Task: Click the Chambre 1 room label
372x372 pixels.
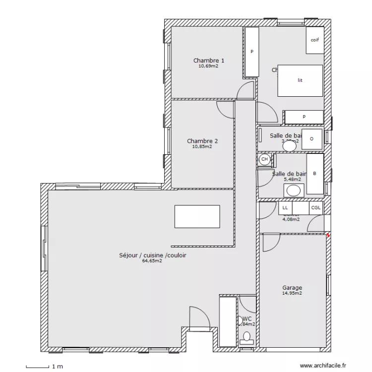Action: [208, 61]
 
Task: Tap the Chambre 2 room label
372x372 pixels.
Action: [202, 141]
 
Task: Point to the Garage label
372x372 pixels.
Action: [292, 288]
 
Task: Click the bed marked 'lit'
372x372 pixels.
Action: [300, 80]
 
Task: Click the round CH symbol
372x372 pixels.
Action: [264, 159]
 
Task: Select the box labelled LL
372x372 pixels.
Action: [285, 208]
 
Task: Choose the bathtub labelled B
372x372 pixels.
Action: [314, 174]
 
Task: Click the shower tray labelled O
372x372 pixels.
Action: [311, 139]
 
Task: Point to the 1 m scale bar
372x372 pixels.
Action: [37, 367]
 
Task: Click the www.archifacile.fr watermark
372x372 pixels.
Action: [324, 366]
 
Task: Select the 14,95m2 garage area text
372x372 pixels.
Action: [292, 293]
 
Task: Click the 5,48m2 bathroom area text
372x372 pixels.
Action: [292, 180]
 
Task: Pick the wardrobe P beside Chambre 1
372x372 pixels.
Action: [252, 52]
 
